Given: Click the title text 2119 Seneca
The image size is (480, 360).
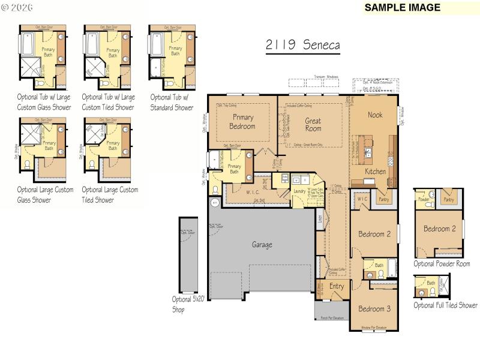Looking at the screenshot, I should coord(302,46).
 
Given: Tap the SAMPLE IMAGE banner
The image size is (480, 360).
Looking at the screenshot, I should coord(402,8).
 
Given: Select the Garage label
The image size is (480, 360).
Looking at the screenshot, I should coord(262,245).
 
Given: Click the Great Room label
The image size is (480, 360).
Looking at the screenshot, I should coord(313,125).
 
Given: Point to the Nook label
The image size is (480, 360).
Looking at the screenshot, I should coord(375,115).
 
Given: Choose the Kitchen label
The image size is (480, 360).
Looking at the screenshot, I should coord(376,172).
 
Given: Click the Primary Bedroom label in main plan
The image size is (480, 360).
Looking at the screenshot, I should coord(242,122).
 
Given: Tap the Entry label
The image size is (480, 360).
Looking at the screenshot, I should coord(337,286).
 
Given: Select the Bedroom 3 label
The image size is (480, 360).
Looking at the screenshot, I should coord(374,309).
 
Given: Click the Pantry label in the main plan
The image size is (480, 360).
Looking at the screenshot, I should coord(383,198).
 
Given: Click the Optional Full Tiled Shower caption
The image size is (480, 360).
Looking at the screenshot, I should coord(445,305).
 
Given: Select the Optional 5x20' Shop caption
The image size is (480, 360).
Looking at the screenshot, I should coord(188,305).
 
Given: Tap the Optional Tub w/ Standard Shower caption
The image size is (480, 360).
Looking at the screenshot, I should coord(172,103).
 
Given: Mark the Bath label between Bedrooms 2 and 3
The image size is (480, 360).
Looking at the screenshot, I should coord(379,265).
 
